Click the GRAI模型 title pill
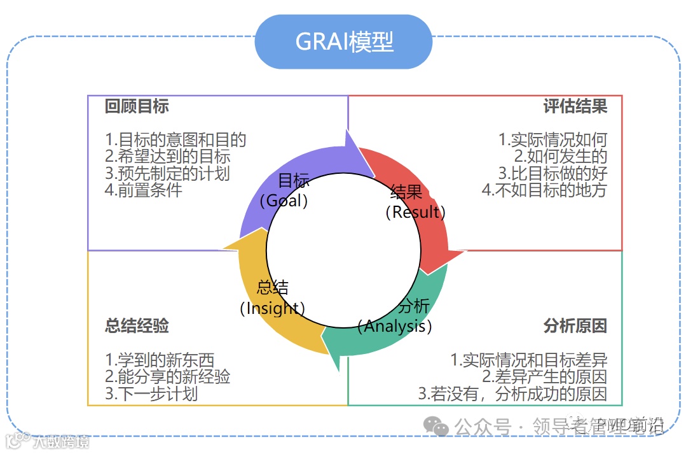[x=343, y=42]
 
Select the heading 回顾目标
[x=137, y=106]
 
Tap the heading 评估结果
[x=575, y=106]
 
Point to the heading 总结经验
[x=137, y=327]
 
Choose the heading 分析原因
[x=575, y=327]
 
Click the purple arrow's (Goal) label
[x=285, y=201]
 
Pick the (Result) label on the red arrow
[x=415, y=212]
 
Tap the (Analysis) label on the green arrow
[x=395, y=327]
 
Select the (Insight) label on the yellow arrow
[x=272, y=308]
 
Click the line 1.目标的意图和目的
[x=175, y=140]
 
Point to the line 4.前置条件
[x=144, y=190]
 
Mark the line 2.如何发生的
[x=561, y=157]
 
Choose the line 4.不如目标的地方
[x=544, y=190]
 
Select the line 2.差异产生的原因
[x=544, y=377]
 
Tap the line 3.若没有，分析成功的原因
[x=512, y=394]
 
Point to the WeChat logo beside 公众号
[x=437, y=427]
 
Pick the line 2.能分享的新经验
[x=168, y=377]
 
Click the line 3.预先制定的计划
[x=168, y=173]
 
